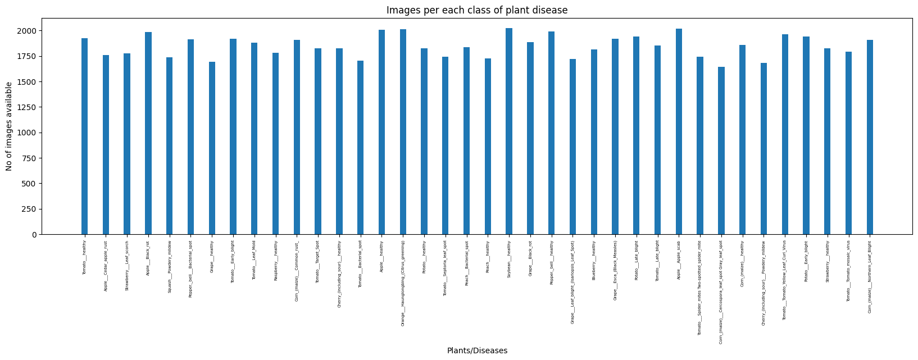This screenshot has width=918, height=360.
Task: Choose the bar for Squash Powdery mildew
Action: pos(169,146)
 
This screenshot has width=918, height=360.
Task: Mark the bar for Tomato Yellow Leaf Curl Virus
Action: pos(785,134)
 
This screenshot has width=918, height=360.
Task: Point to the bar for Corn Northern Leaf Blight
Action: pos(870,137)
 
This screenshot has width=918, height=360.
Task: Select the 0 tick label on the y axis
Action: pos(34,235)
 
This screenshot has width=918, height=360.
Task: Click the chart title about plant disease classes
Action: pos(476,10)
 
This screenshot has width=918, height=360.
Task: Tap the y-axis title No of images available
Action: pos(9,126)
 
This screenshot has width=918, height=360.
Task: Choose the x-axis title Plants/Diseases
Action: pos(477,350)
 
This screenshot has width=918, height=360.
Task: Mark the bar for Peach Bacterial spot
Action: pos(466,141)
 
